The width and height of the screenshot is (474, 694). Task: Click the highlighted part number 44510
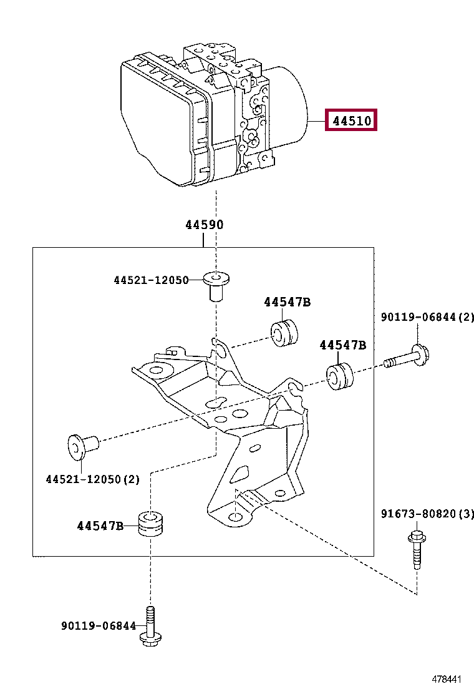[x=352, y=120]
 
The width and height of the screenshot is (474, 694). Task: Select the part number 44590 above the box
[x=204, y=225]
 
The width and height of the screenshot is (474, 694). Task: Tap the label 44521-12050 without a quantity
[x=151, y=281]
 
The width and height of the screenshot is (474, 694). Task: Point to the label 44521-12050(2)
[x=92, y=479]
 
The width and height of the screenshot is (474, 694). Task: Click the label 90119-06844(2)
[x=427, y=318]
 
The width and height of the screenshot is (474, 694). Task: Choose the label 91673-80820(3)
[x=427, y=514]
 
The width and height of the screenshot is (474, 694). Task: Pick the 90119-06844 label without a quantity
[x=99, y=625]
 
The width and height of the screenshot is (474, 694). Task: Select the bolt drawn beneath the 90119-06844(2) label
[x=409, y=358]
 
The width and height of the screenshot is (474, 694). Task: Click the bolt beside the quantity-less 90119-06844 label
[x=150, y=625]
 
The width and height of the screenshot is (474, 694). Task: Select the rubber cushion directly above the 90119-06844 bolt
[x=150, y=525]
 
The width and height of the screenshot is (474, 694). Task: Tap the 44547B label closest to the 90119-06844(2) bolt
[x=343, y=345]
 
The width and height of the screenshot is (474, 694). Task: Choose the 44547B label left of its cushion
[x=100, y=526]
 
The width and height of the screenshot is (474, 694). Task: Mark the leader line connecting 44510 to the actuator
[x=318, y=121]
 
